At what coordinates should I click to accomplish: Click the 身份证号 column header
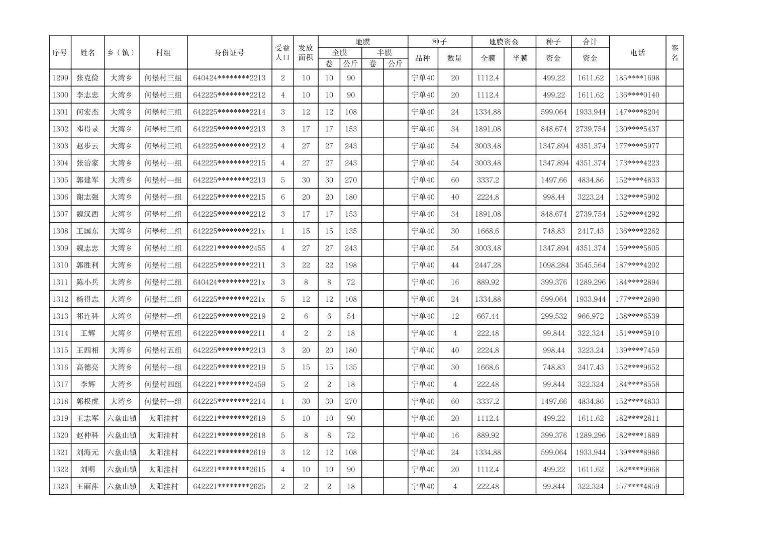tap(230, 53)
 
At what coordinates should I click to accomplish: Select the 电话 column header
tap(637, 53)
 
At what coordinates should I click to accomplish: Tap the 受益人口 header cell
tap(282, 53)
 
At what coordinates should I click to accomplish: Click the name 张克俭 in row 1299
tap(87, 78)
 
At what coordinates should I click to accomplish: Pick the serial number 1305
tap(60, 180)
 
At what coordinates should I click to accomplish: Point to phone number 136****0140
tap(637, 95)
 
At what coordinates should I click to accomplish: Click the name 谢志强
tap(87, 197)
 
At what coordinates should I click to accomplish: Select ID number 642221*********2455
tap(229, 248)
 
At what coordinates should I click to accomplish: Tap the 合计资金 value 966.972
tap(590, 316)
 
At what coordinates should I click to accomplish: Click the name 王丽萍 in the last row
tap(87, 487)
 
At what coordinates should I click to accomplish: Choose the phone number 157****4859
tap(637, 487)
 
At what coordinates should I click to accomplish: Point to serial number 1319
tap(60, 418)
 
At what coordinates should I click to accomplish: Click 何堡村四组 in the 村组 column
tap(163, 385)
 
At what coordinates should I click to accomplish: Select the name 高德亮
tap(87, 368)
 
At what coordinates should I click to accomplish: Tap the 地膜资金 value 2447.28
tap(488, 265)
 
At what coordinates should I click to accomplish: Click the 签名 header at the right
tap(675, 53)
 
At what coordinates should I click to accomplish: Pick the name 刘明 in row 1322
tap(87, 470)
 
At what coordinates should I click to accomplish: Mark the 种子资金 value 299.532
tap(553, 316)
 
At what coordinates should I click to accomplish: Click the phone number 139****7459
tap(637, 350)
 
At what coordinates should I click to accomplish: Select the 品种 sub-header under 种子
tap(423, 58)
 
